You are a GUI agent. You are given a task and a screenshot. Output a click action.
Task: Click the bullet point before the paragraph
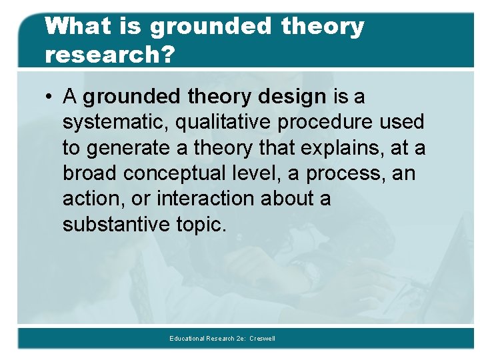[x=50, y=97]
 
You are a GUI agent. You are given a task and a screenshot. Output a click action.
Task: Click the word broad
[x=90, y=173]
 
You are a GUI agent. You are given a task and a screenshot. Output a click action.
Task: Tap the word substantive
[x=117, y=224]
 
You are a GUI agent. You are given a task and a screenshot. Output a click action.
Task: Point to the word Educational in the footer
[x=187, y=339]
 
